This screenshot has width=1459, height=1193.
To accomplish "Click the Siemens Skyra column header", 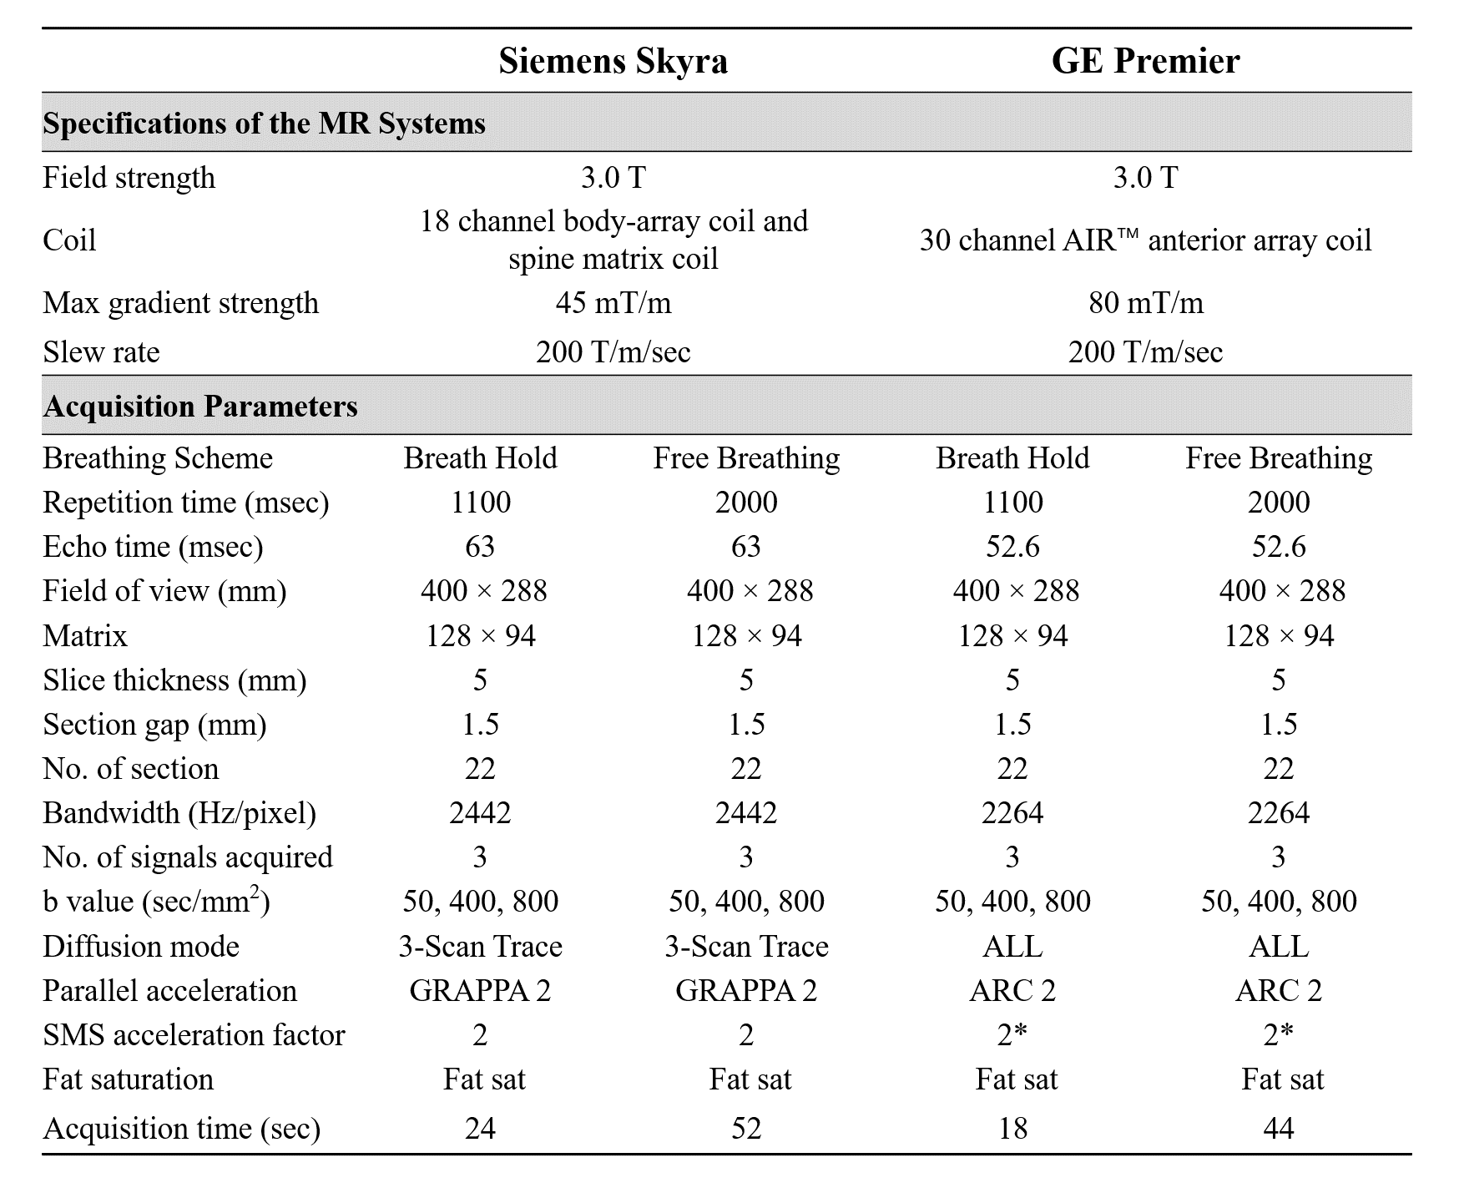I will [x=613, y=61].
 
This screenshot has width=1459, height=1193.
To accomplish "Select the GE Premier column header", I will [x=1145, y=61].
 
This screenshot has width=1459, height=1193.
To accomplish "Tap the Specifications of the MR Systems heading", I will [x=264, y=124].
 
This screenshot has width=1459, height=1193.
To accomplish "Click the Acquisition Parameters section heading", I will [x=200, y=407].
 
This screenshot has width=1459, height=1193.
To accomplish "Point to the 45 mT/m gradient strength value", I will [x=613, y=302].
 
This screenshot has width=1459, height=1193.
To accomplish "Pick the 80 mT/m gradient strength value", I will [x=1145, y=302].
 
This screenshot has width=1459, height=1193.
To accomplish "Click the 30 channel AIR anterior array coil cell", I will [x=1145, y=240].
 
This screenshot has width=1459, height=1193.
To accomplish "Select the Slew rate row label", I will [x=101, y=351].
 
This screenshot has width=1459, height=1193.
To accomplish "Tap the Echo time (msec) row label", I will [x=153, y=547].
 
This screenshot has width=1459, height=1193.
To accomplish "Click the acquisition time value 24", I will [x=480, y=1129].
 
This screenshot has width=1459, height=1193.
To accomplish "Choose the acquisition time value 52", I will [x=746, y=1129].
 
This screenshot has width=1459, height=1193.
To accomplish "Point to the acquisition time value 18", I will [x=1012, y=1129].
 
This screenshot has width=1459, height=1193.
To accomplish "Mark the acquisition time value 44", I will [x=1278, y=1129].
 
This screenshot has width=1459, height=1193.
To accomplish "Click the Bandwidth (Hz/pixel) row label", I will [x=179, y=813].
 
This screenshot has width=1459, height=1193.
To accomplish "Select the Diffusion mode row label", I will [x=141, y=947].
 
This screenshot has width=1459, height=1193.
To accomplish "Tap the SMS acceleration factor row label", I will [x=194, y=1035].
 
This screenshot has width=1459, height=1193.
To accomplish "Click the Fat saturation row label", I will [x=128, y=1079].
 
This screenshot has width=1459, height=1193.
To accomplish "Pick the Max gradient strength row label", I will [x=180, y=302].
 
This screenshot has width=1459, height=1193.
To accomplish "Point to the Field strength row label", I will [x=129, y=178].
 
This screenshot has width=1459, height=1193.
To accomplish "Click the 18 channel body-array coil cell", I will [x=613, y=240].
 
